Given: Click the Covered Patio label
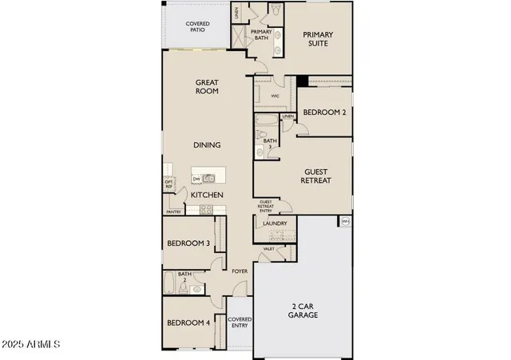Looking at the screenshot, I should (197, 26).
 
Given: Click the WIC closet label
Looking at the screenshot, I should (275, 96).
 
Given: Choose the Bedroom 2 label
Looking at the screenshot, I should (324, 113).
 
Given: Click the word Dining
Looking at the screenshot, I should (207, 145).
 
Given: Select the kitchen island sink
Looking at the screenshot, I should (210, 178).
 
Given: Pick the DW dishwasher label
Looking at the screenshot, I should (196, 179).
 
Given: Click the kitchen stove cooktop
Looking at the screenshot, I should (206, 210).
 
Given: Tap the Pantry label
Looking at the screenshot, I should (173, 212).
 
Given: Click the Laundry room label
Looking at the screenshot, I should (275, 224).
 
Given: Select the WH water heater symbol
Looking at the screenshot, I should (345, 221).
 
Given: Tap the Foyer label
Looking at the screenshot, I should (240, 271).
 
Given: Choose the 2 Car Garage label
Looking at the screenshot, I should (303, 310).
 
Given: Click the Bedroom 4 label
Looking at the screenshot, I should (188, 323).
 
